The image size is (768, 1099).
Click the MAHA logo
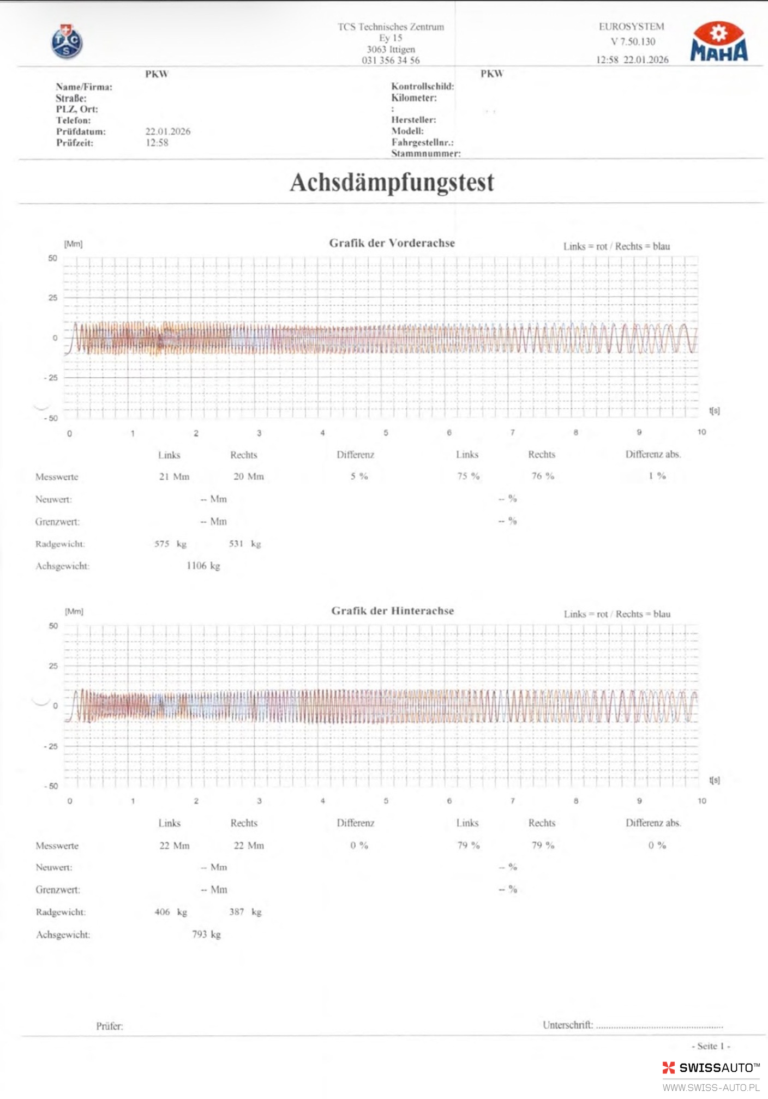coord(719,43)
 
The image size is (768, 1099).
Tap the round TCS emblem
coord(67,42)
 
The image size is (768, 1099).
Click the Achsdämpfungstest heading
coord(392,183)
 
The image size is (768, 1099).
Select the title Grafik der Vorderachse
coord(392,243)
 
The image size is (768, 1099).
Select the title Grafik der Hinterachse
coord(392,611)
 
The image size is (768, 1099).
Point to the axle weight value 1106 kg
coord(203,566)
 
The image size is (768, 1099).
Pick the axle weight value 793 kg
coord(206,934)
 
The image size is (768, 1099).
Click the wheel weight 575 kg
coord(170,544)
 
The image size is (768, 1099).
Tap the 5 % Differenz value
coord(359,476)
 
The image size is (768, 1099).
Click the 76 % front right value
coord(543,476)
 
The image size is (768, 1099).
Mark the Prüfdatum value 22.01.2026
coord(168,131)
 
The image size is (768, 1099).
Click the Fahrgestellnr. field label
coord(422,142)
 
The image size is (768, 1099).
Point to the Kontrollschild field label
coord(422,86)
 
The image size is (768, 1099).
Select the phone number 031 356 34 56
coord(391,61)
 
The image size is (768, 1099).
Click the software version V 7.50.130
coord(633,41)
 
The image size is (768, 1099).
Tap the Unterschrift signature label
coord(567,1025)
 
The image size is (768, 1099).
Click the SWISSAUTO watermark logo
coord(711,1068)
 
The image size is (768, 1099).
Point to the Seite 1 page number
coord(710,1046)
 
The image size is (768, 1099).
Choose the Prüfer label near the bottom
coord(110,1026)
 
